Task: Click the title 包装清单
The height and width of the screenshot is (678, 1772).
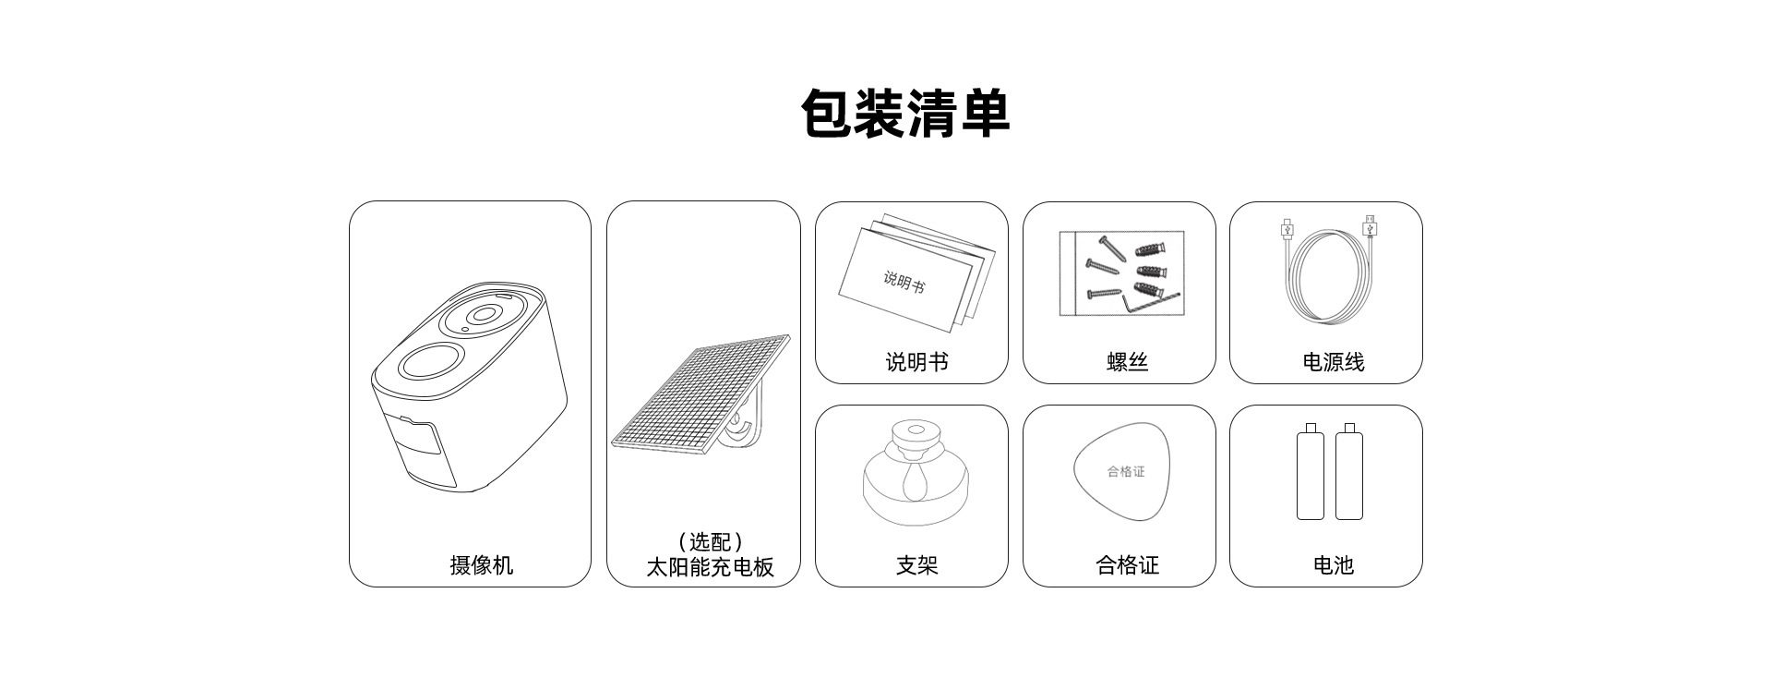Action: (x=905, y=115)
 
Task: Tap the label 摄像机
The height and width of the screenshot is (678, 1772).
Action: (x=481, y=565)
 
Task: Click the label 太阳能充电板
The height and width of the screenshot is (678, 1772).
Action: (x=709, y=567)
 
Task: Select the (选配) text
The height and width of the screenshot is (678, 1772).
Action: (x=710, y=542)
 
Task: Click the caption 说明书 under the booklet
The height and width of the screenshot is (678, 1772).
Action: (x=916, y=362)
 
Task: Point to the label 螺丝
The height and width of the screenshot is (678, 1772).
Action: (x=1127, y=362)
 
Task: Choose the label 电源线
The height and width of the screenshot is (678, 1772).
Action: (x=1333, y=362)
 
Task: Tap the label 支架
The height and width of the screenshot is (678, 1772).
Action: (x=916, y=565)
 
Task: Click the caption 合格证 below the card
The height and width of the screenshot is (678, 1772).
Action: (x=1127, y=565)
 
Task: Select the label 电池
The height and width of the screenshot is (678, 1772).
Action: (x=1333, y=565)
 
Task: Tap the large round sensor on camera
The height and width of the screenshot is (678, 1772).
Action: (x=430, y=361)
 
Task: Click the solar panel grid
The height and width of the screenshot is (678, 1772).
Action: (x=701, y=393)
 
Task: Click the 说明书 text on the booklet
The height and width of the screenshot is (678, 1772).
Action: (x=904, y=281)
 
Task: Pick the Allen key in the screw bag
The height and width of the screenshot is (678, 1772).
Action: (x=1149, y=300)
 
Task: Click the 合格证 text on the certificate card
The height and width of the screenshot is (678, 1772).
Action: (x=1126, y=472)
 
